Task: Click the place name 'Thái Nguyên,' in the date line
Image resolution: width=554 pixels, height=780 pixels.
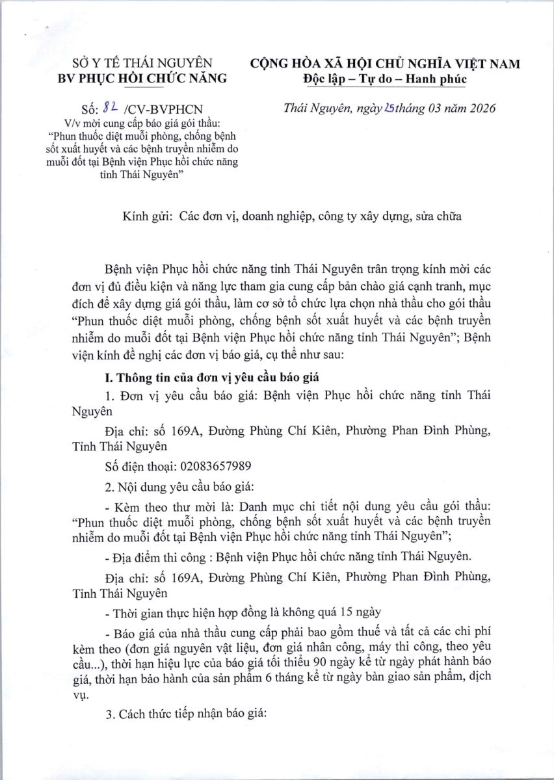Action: pos(317,109)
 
